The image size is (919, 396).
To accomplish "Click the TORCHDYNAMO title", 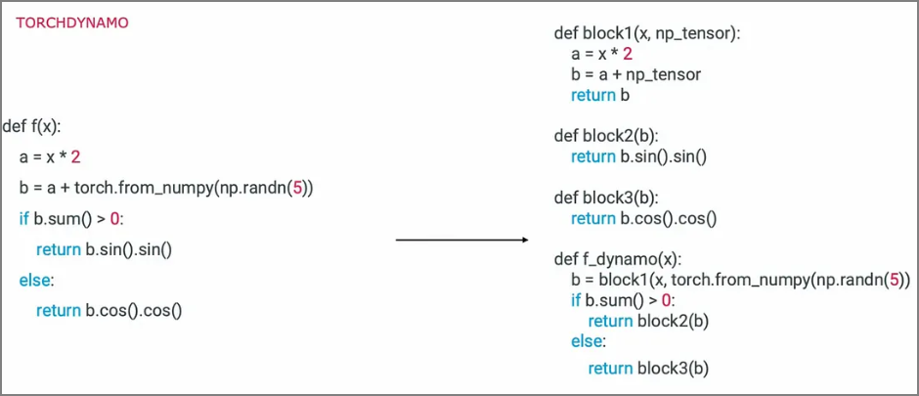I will (72, 22).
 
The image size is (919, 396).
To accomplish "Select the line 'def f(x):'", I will (32, 126).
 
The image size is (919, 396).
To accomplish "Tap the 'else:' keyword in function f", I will (37, 281).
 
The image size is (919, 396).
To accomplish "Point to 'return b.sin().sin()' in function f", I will (104, 249).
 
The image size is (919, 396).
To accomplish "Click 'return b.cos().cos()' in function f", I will (109, 311).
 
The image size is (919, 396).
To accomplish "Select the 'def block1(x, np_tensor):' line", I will (647, 34).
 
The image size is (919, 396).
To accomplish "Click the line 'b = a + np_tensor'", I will (635, 74).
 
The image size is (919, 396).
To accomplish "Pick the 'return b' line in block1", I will (600, 95).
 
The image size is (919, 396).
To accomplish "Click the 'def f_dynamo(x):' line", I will (617, 259).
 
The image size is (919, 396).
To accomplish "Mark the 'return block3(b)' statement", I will (647, 368).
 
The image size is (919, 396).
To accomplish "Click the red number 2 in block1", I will (628, 54).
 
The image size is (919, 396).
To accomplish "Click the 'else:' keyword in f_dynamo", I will (589, 342).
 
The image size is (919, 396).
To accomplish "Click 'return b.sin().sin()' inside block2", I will (638, 156).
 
